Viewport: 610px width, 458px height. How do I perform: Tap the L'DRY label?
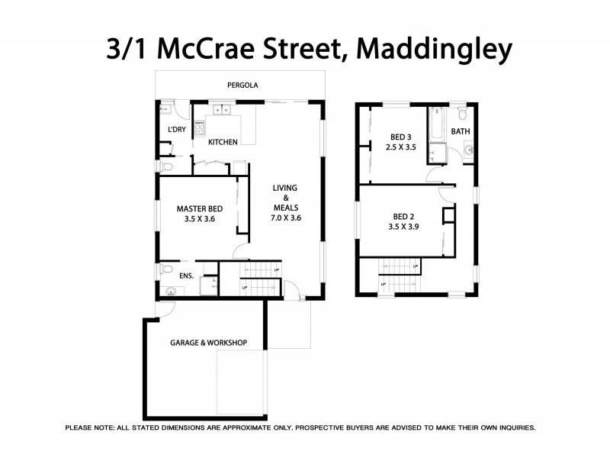coord(177,130)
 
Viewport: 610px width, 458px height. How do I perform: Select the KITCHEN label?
coord(223,142)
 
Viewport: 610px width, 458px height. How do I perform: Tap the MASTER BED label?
coord(200,208)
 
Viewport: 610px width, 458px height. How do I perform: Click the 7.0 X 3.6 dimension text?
coord(286,218)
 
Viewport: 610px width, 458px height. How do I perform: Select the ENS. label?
coord(187,275)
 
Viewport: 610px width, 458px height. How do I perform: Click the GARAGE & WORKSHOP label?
coord(208,343)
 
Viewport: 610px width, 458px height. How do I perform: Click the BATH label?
coord(461,131)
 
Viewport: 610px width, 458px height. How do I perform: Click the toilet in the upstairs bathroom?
coord(463,114)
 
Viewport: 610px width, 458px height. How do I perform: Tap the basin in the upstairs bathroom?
coord(466,150)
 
